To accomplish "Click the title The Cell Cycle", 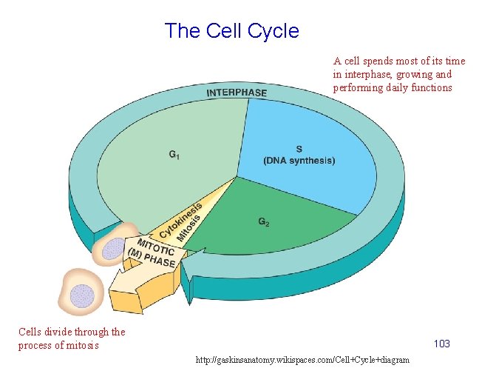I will coord(231,31).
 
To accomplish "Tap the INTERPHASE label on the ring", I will coord(237,93).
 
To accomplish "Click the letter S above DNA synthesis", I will coord(299,148).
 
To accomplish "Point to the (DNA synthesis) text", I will coord(299,160).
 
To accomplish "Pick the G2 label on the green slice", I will coord(263,221).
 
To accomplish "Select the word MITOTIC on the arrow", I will coord(155,247).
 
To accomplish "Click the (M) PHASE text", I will coord(151,258).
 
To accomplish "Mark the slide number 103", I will coord(442,344).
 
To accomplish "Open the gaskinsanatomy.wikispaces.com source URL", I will coord(302,359).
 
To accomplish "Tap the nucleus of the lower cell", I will coord(81,295).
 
